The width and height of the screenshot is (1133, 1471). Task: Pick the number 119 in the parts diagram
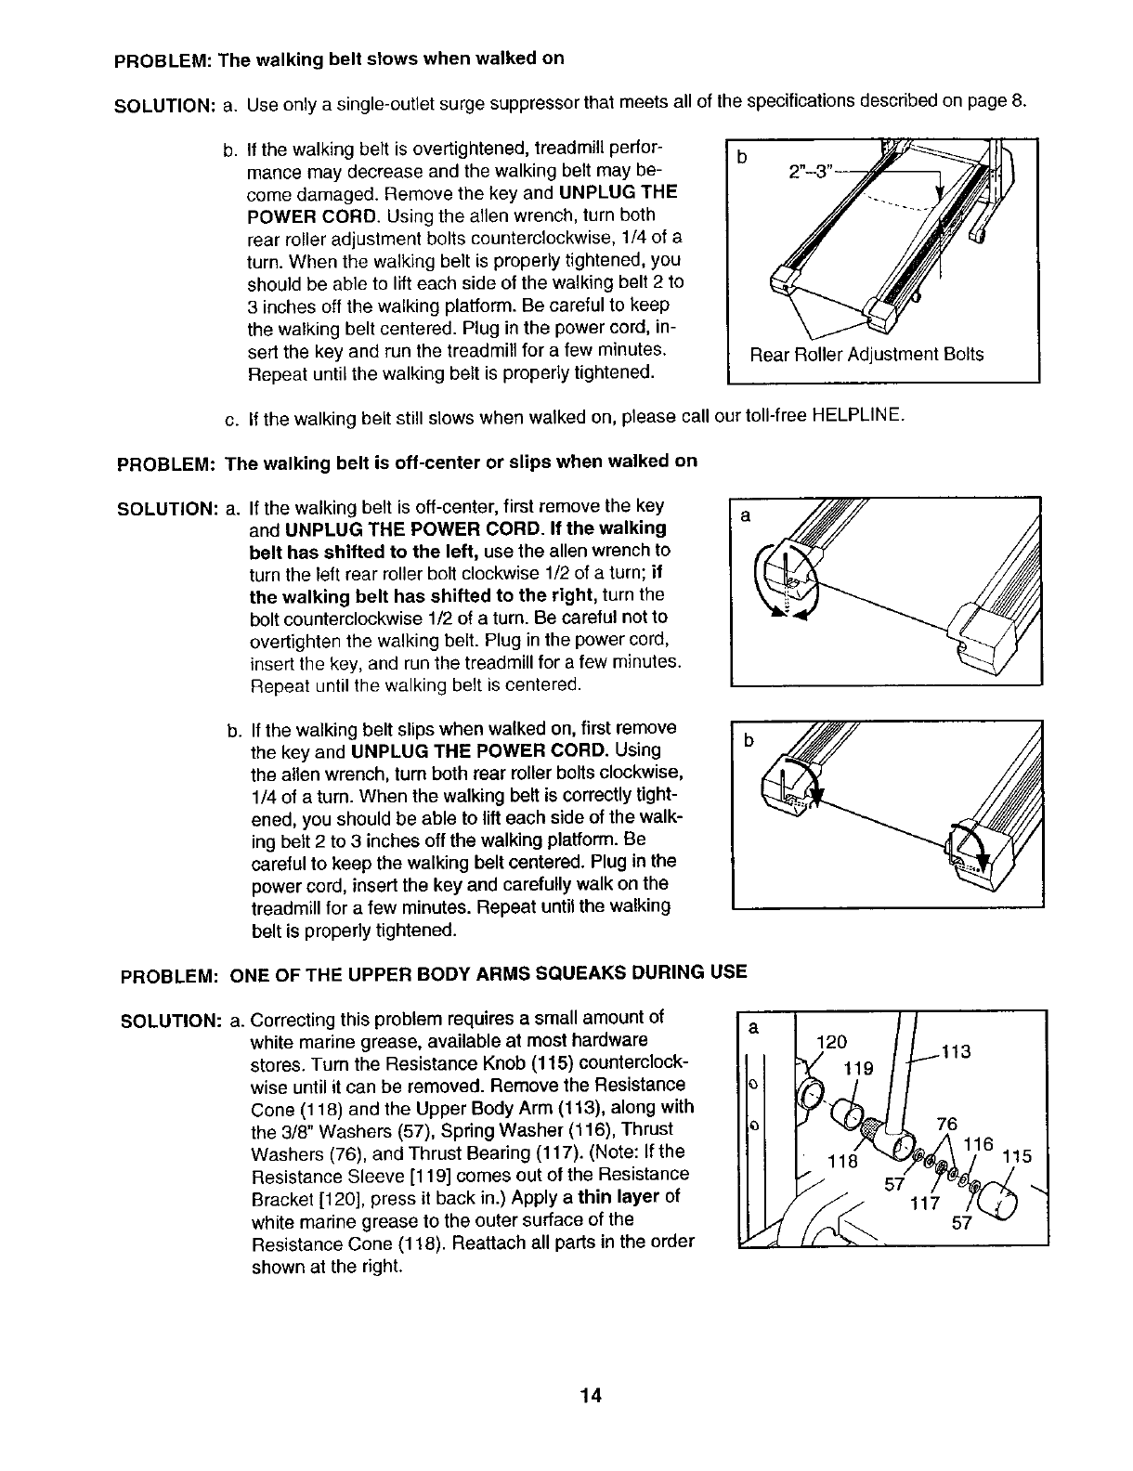pos(856,1068)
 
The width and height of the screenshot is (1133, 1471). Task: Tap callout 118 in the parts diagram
pos(842,1161)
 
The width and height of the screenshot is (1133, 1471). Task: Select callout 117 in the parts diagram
pos(925,1204)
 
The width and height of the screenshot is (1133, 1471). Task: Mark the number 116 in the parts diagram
pos(979,1145)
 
